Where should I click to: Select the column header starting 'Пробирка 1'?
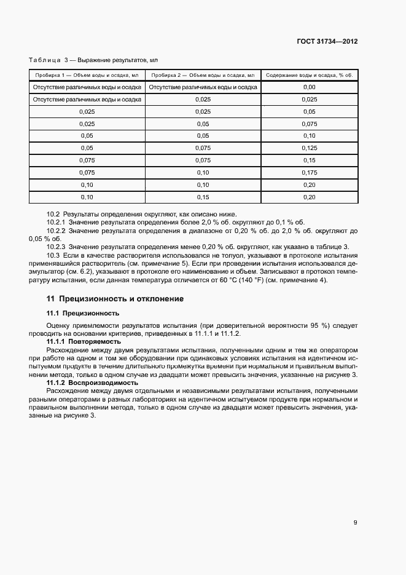(87, 75)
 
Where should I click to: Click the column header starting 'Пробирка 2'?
(203, 75)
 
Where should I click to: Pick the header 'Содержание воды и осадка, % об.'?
(309, 75)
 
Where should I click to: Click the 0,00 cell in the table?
(309, 87)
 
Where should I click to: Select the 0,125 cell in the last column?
(309, 148)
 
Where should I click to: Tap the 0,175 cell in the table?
(309, 173)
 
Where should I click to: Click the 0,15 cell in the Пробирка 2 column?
(203, 197)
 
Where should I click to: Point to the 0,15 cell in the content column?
(309, 161)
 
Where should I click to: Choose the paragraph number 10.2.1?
(57, 223)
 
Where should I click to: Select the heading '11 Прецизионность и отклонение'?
(115, 299)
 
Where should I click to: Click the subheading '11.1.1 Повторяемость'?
(84, 341)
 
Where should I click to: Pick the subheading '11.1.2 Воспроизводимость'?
(92, 383)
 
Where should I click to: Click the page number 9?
(355, 523)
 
